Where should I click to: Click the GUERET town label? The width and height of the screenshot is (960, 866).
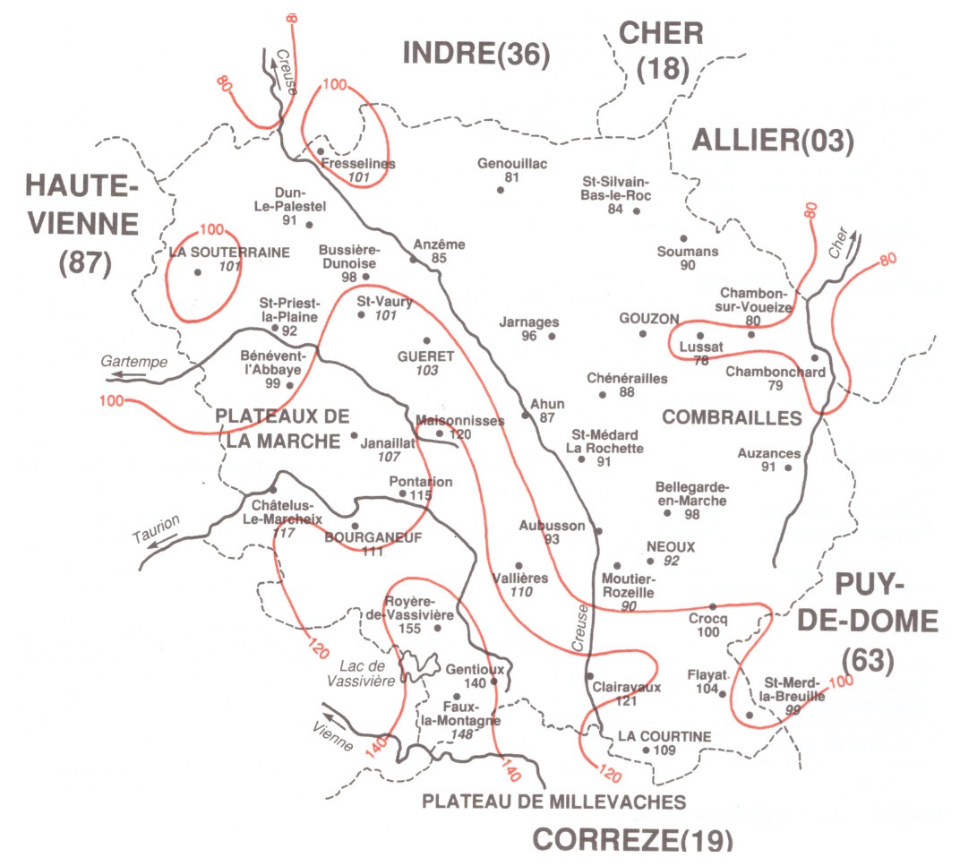[x=426, y=356]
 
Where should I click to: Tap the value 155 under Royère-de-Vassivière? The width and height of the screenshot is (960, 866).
[x=409, y=629]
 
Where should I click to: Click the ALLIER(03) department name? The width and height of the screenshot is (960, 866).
[x=774, y=141]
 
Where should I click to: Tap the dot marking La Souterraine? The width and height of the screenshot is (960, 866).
[x=197, y=270]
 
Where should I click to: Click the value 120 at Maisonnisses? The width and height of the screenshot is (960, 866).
[x=460, y=434]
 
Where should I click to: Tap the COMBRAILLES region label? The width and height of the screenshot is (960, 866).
[x=732, y=417]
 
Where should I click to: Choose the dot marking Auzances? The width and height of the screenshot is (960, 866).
[x=789, y=467]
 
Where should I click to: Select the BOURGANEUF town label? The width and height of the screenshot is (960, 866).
[x=373, y=536]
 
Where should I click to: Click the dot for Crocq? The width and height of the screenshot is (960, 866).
[x=713, y=606]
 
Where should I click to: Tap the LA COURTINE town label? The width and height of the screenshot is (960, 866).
[x=664, y=736]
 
